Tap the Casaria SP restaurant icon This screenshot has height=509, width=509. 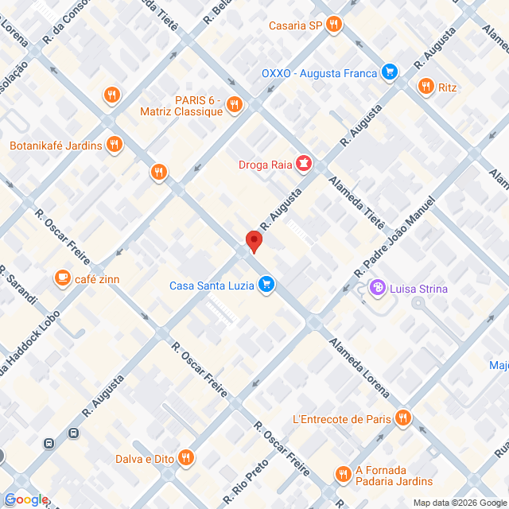pyautogui.click(x=335, y=25)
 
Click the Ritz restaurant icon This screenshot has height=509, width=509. pyautogui.click(x=426, y=87)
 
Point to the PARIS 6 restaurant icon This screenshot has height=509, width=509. pyautogui.click(x=234, y=104)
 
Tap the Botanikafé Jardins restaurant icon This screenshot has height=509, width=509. pyautogui.click(x=115, y=145)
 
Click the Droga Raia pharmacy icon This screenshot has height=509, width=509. pyautogui.click(x=303, y=165)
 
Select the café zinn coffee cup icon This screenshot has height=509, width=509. pyautogui.click(x=62, y=278)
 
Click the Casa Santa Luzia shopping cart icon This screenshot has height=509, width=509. pyautogui.click(x=266, y=285)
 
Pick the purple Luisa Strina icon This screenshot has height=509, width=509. pyautogui.click(x=378, y=288)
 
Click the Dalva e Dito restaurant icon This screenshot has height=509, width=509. pyautogui.click(x=186, y=457)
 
